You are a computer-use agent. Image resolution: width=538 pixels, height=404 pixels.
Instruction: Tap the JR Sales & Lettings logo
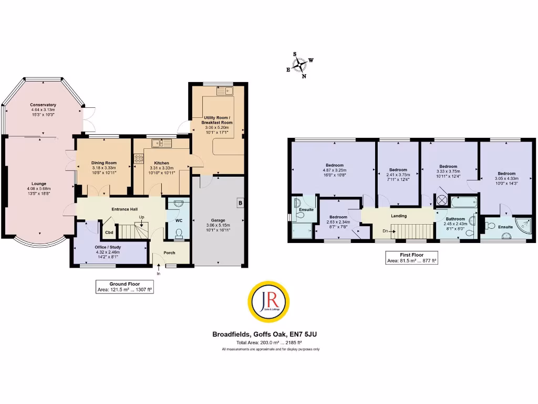(268, 301)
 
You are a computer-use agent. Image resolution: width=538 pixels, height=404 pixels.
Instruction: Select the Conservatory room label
(43, 105)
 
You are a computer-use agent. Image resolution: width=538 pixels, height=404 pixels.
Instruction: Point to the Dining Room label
(104, 163)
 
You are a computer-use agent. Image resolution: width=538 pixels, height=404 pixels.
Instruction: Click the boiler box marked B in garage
(240, 203)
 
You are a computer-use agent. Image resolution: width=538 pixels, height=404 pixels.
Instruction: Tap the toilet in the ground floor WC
(179, 233)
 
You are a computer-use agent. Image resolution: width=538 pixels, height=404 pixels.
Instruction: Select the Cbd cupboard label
(109, 232)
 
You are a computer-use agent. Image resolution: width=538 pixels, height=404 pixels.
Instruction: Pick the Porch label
(169, 252)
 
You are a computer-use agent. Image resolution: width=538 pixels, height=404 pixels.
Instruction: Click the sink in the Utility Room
(226, 90)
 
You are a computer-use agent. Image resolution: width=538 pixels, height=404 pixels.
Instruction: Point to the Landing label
(399, 216)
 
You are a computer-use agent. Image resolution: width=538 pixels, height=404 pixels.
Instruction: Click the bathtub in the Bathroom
(463, 201)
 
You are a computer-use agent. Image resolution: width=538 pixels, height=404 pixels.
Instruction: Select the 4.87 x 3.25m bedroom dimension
(335, 170)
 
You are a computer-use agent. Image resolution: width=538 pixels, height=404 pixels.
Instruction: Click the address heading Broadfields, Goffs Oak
(268, 334)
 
